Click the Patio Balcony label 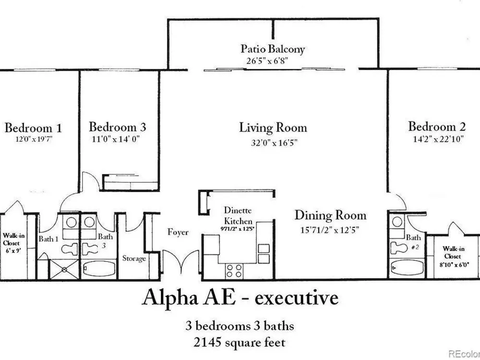pyautogui.click(x=273, y=49)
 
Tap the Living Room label pyautogui.click(x=273, y=128)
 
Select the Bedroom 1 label pyautogui.click(x=33, y=128)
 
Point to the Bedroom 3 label pyautogui.click(x=118, y=127)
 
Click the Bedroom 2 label pyautogui.click(x=437, y=127)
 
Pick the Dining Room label pyautogui.click(x=330, y=215)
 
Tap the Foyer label pyautogui.click(x=178, y=232)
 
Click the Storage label pyautogui.click(x=134, y=258)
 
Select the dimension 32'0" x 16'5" pyautogui.click(x=273, y=142)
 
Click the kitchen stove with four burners pyautogui.click(x=234, y=270)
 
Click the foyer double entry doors pyautogui.click(x=181, y=265)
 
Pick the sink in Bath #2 pyautogui.click(x=397, y=222)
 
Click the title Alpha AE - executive pyautogui.click(x=240, y=298)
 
